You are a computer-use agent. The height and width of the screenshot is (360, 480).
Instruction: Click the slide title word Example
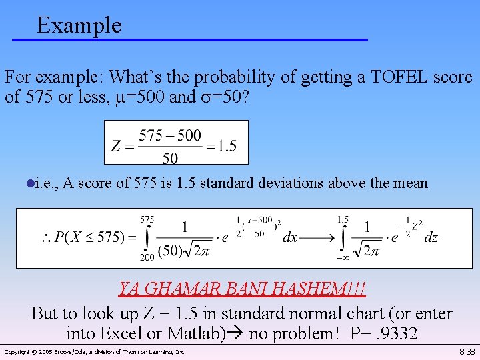pyautogui.click(x=79, y=25)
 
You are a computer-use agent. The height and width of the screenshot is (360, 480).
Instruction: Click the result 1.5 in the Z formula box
pyautogui.click(x=227, y=146)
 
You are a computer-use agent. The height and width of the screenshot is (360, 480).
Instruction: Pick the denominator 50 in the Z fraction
pyautogui.click(x=171, y=157)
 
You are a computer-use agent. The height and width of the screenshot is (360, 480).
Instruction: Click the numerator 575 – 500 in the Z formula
pyautogui.click(x=170, y=135)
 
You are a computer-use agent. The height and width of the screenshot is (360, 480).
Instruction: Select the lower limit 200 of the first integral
pyautogui.click(x=147, y=257)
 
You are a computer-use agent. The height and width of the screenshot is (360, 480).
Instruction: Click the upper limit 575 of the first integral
pyautogui.click(x=148, y=219)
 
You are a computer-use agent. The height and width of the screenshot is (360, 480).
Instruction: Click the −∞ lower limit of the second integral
pyautogui.click(x=343, y=257)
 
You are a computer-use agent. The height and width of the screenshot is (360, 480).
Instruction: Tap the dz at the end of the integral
pyautogui.click(x=431, y=237)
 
